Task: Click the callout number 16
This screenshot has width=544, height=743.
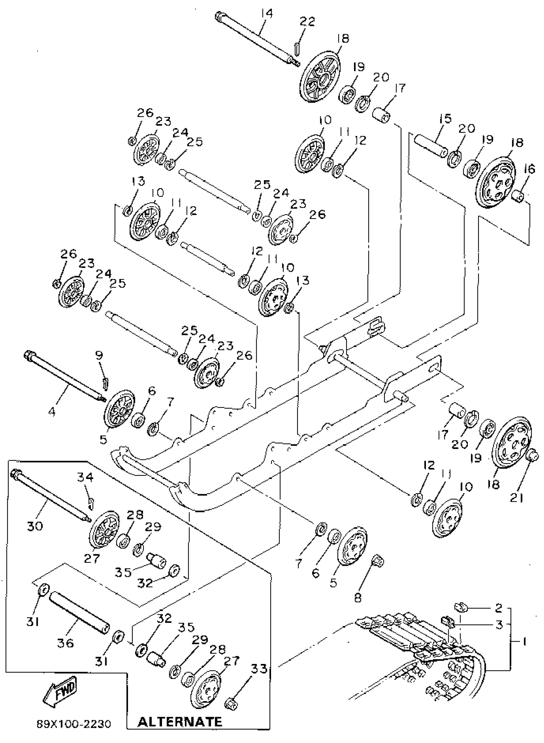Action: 530,169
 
